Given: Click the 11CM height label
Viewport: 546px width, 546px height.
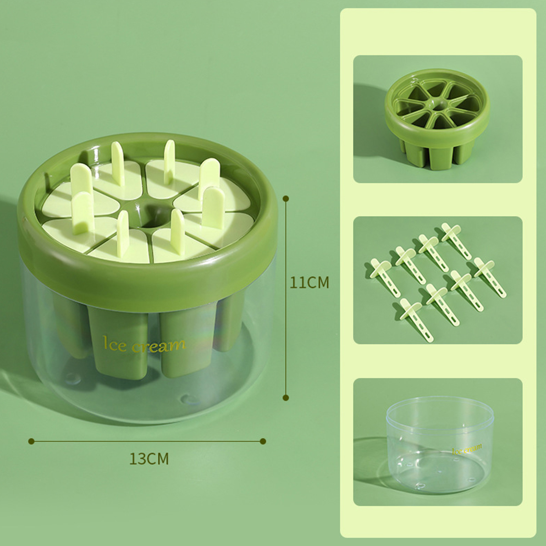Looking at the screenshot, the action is point(309,283).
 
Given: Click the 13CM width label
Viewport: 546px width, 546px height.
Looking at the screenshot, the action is point(149,459).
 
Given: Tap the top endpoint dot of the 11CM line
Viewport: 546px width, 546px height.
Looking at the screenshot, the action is point(286,198).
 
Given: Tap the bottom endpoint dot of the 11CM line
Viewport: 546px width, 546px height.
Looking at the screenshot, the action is point(286,398).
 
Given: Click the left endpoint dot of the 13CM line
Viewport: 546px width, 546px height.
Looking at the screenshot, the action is point(31,441).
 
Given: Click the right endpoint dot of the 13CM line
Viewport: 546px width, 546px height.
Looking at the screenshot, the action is point(263,441).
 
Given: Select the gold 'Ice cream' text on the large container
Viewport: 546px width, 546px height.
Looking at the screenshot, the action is point(144,345).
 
